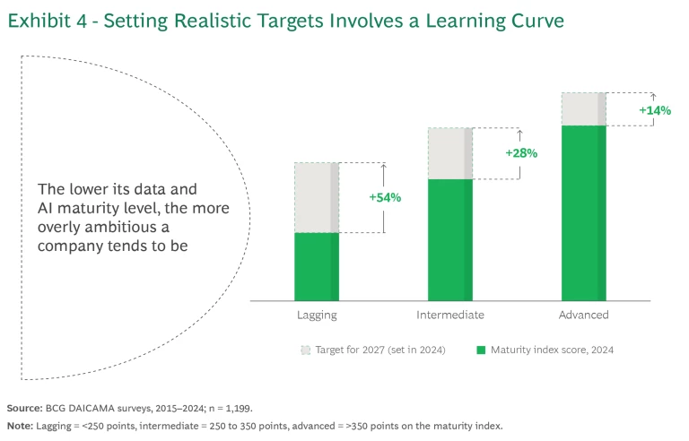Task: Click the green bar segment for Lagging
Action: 316,266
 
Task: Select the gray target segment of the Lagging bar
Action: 316,197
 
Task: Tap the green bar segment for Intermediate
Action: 449,239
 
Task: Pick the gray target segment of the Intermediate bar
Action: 449,153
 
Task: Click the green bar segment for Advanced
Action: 584,212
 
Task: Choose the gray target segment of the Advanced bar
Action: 584,108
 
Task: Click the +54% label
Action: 385,197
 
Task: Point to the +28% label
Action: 520,153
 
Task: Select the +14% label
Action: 654,109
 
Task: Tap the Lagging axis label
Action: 317,316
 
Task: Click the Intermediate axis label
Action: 450,316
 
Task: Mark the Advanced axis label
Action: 584,316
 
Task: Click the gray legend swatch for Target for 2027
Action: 305,349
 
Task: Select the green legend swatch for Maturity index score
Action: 481,349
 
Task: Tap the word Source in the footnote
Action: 23,406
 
